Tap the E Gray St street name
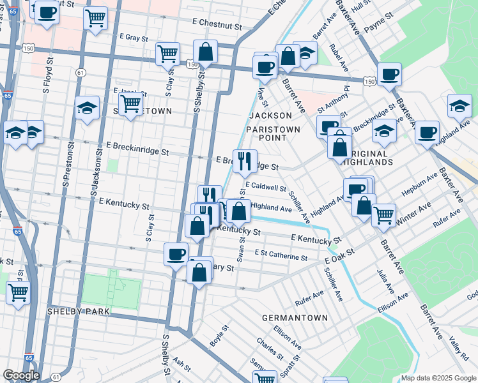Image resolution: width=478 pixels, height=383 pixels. pyautogui.click(x=134, y=38)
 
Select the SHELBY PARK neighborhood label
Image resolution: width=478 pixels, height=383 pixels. pyautogui.click(x=79, y=312)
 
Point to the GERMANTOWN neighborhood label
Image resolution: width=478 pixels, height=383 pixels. pyautogui.click(x=295, y=317)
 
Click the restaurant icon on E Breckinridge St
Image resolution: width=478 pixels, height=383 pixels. pyautogui.click(x=244, y=161)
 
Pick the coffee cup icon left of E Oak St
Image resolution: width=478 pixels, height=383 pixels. pyautogui.click(x=176, y=254)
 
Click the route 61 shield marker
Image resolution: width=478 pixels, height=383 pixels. pyautogui.click(x=80, y=73)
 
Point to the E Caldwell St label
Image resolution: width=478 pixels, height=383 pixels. pyautogui.click(x=265, y=188)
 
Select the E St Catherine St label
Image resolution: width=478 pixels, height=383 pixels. pyautogui.click(x=281, y=253)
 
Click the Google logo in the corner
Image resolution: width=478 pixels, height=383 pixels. pyautogui.click(x=21, y=375)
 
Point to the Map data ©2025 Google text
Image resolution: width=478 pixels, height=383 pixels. pyautogui.click(x=437, y=378)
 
